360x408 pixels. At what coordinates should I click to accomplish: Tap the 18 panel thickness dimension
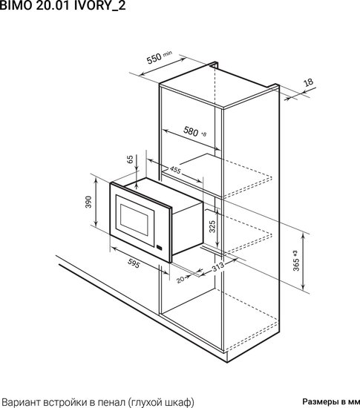(x=309, y=82)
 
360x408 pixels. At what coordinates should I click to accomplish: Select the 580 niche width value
(x=191, y=131)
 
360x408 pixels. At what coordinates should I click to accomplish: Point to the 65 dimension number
(x=130, y=159)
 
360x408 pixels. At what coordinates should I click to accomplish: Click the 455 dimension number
(x=175, y=170)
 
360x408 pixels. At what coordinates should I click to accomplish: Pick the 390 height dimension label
(x=88, y=202)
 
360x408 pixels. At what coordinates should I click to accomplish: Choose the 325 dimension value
(x=212, y=226)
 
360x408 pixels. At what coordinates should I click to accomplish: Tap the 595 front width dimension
(x=134, y=263)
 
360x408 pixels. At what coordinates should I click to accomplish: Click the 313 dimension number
(x=217, y=266)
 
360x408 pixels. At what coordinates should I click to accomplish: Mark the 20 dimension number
(x=180, y=280)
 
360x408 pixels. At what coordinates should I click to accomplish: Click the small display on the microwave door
(x=160, y=248)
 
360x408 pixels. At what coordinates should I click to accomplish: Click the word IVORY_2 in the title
(x=100, y=6)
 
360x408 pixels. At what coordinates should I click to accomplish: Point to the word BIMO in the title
(x=16, y=6)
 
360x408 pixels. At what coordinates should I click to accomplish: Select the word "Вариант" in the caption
(x=22, y=402)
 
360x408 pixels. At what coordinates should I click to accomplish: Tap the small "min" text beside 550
(x=167, y=53)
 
